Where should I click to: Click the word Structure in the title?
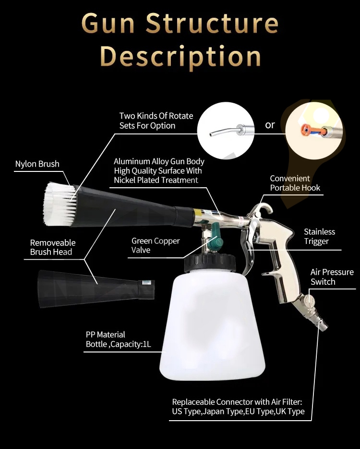click(212, 24)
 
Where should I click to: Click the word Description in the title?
click(180, 57)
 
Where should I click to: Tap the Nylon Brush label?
click(37, 164)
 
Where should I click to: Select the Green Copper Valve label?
click(156, 245)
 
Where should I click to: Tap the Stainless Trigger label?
click(319, 236)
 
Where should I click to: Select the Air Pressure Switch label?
click(332, 277)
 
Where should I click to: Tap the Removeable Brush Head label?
click(52, 247)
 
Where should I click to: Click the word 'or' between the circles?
click(270, 125)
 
